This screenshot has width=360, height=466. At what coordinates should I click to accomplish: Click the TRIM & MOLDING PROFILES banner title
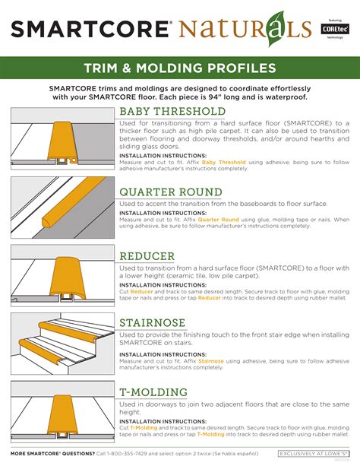tap(179, 68)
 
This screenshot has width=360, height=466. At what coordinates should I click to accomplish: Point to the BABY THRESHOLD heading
tap(172, 112)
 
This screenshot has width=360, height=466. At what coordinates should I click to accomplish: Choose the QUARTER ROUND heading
tap(170, 192)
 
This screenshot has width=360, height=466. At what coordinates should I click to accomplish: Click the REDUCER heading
tap(147, 256)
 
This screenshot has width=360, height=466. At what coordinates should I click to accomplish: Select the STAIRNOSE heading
tap(153, 323)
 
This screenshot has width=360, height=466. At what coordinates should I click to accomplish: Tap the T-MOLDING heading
tap(153, 392)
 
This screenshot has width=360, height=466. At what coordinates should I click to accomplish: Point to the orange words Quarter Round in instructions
tap(219, 220)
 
